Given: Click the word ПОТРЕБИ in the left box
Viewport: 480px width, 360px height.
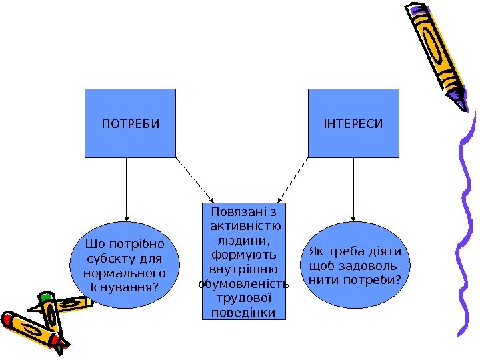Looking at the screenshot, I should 130,124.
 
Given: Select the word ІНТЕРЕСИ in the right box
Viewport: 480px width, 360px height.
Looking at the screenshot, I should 353,124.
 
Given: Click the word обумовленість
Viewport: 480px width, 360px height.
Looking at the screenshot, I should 244,285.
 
